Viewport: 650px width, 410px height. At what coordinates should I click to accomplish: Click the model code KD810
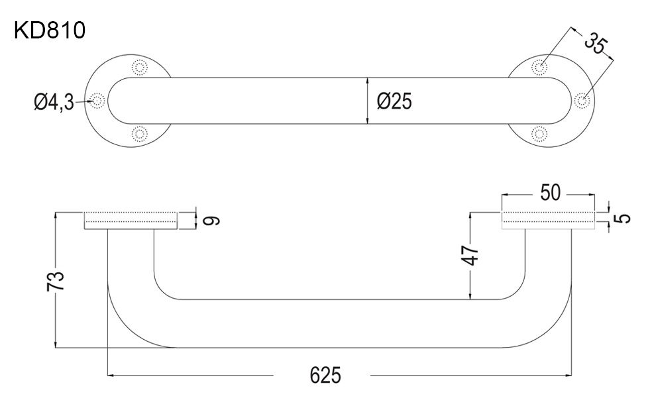(x=50, y=30)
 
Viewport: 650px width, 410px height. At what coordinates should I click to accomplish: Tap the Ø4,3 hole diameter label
(x=54, y=102)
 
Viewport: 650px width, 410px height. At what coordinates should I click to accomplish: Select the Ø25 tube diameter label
(x=394, y=101)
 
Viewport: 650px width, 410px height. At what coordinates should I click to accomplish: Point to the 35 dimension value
(x=596, y=45)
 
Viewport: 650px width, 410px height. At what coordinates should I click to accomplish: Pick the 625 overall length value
(x=325, y=376)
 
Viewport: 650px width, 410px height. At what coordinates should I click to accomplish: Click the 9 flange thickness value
(x=211, y=221)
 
